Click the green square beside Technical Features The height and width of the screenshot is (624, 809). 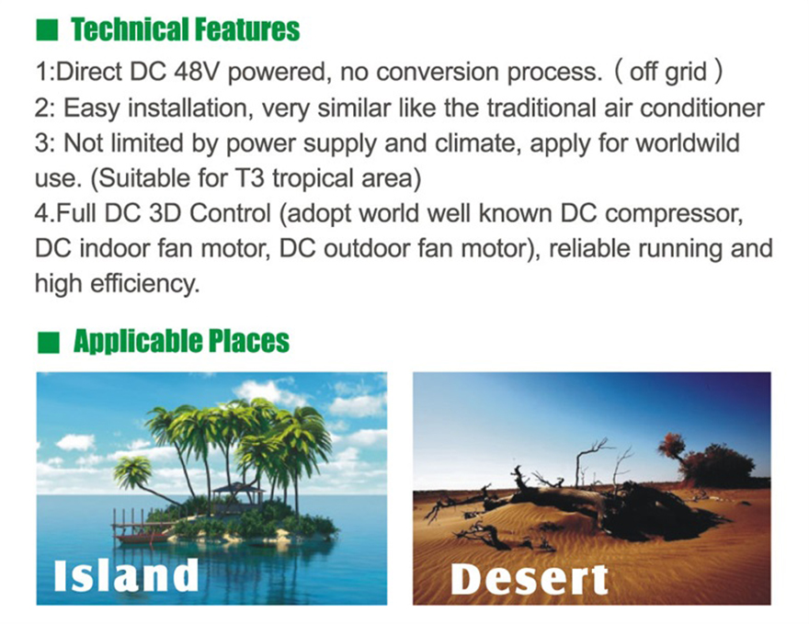[46, 30]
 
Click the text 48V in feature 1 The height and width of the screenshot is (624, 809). [201, 71]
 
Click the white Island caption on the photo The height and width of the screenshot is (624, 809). [126, 574]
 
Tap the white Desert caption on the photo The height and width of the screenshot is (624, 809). [529, 578]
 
